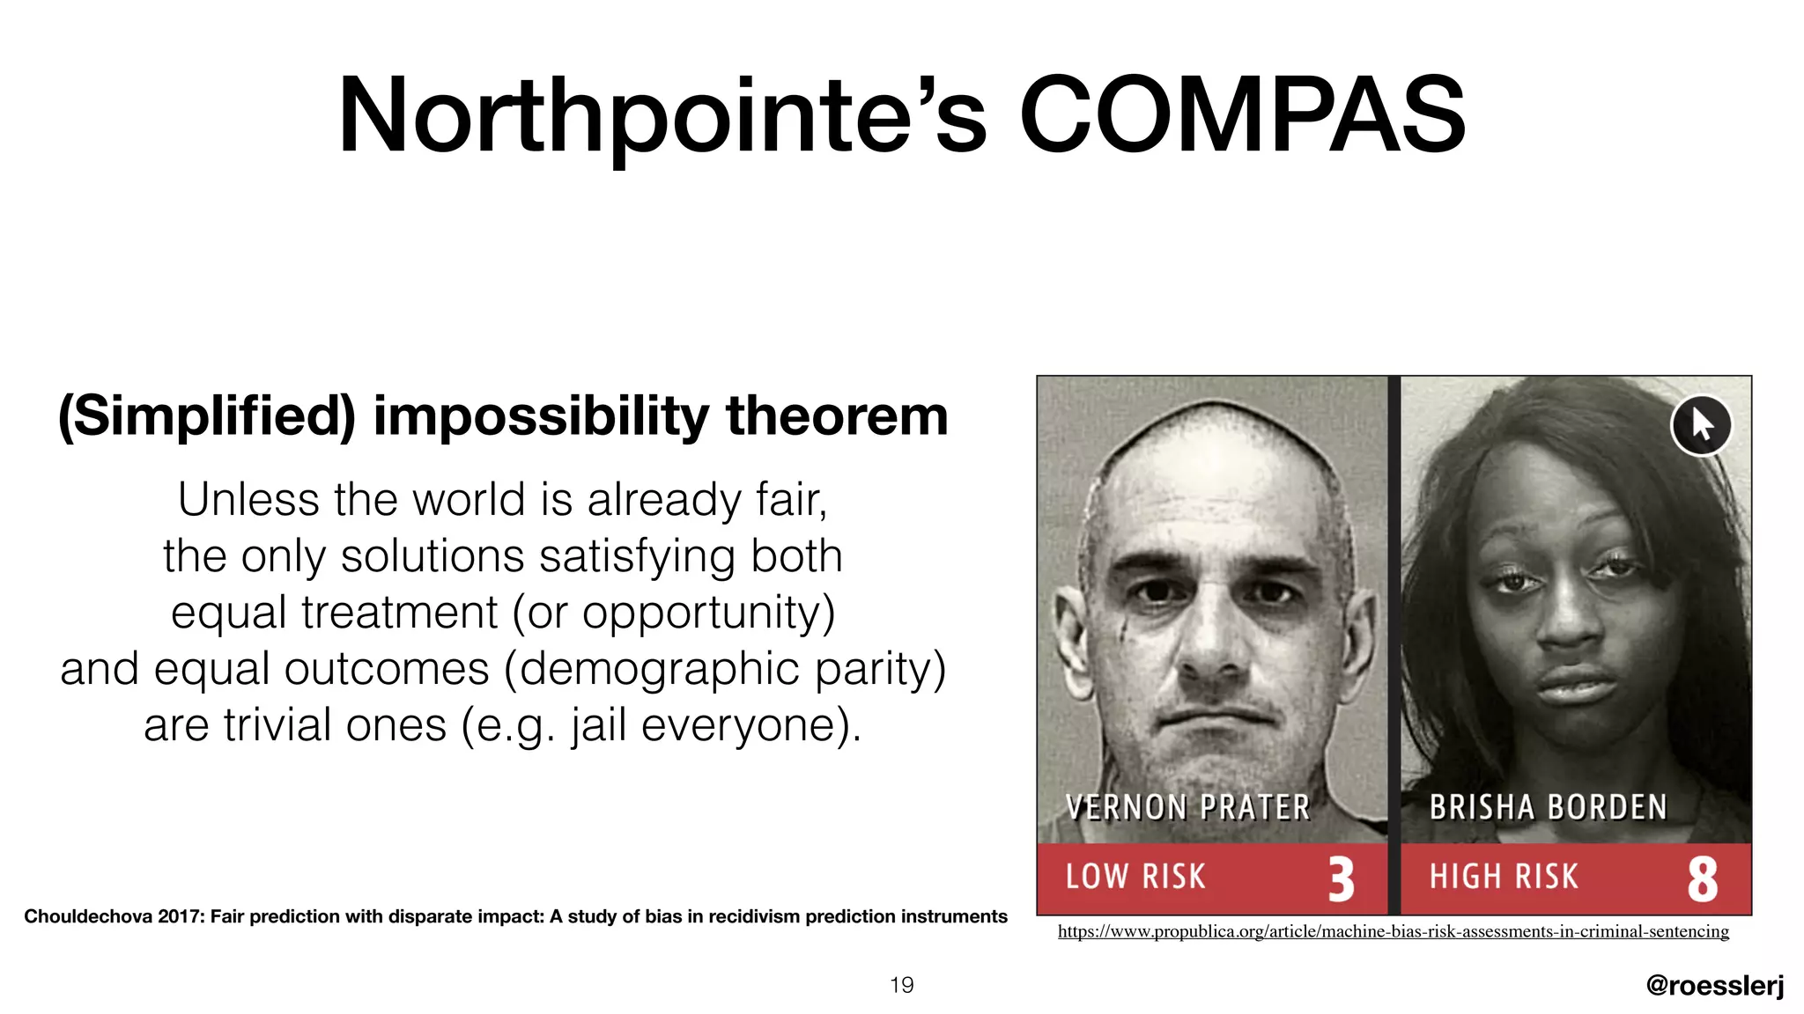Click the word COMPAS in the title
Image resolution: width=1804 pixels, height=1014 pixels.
[x=1242, y=116]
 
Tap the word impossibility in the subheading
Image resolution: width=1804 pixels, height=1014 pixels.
[x=541, y=415]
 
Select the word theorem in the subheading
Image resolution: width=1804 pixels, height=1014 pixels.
[x=836, y=415]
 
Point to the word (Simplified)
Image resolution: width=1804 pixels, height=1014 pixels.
[x=207, y=415]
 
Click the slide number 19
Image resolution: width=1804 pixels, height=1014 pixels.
[x=901, y=985]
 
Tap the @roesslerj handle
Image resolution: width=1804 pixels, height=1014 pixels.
[x=1714, y=985]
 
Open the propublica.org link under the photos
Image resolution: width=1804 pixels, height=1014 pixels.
[x=1393, y=931]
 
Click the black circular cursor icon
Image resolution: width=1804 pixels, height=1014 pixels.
[x=1701, y=425]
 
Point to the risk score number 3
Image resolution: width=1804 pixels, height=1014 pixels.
[x=1341, y=878]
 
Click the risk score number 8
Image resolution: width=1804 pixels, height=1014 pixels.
[x=1702, y=878]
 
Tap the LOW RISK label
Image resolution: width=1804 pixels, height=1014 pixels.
[x=1135, y=877]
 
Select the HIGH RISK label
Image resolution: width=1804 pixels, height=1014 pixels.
[x=1503, y=877]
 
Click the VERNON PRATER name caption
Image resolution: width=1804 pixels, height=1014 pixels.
[x=1187, y=807]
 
